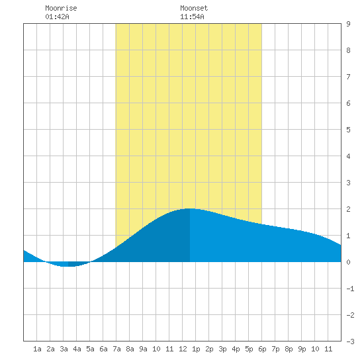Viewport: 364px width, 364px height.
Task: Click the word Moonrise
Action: (61, 8)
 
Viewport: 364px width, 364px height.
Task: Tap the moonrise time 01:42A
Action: (57, 17)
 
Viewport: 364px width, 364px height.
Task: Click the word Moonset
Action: (194, 8)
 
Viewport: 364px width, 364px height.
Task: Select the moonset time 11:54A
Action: (192, 17)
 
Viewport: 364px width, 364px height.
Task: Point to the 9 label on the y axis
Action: (348, 24)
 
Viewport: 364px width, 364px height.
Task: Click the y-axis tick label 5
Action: (348, 130)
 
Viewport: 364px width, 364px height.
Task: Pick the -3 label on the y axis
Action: (350, 341)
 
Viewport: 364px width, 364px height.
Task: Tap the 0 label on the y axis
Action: (348, 262)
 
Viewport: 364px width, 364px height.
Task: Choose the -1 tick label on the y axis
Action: (350, 289)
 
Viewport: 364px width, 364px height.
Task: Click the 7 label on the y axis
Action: (348, 77)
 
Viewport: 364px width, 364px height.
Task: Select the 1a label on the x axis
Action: (37, 349)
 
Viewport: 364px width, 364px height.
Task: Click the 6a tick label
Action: (103, 349)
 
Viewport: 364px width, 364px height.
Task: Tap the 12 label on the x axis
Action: (183, 349)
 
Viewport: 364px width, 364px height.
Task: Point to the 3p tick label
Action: (222, 349)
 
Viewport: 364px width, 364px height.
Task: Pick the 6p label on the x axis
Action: (262, 349)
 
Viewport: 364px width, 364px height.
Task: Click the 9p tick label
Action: (302, 349)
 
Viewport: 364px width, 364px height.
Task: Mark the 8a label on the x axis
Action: (130, 349)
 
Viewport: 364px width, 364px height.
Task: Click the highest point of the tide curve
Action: (189, 208)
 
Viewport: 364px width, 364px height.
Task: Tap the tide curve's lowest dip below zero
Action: (68, 266)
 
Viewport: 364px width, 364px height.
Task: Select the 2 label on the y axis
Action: (348, 209)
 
